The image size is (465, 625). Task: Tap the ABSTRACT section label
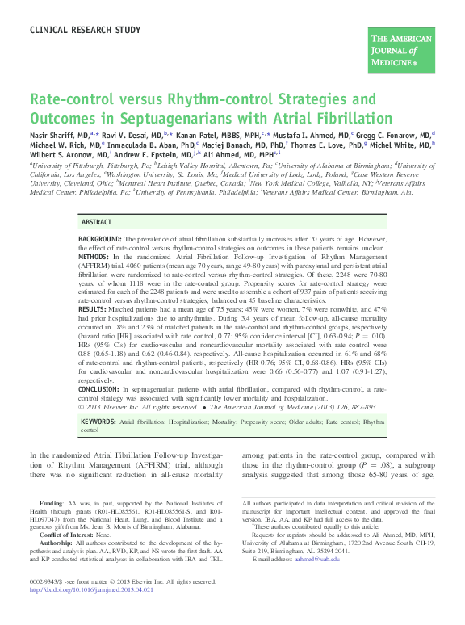(x=98, y=221)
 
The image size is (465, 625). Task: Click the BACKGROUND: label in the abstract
(x=100, y=240)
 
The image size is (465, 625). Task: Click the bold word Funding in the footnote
(x=51, y=504)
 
